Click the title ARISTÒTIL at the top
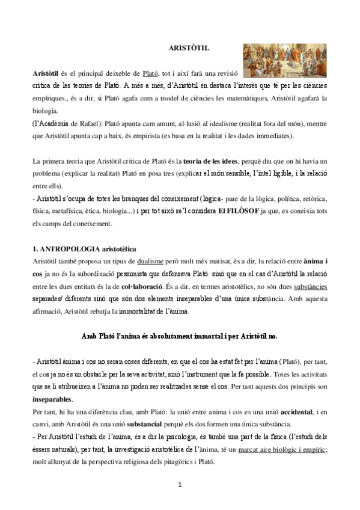point(185,47)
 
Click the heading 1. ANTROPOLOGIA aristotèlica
point(84,248)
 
